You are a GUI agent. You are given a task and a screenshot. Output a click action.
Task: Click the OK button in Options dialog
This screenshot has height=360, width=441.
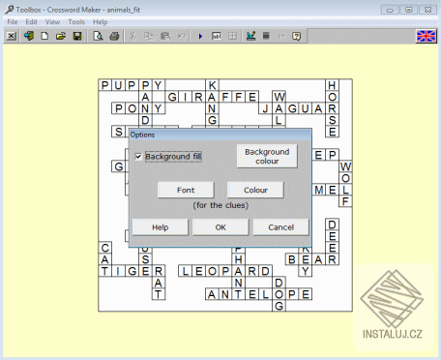(220, 226)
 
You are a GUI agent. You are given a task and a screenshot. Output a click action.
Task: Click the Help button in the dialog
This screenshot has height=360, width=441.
(160, 226)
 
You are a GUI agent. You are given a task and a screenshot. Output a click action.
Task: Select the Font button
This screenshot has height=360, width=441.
(185, 191)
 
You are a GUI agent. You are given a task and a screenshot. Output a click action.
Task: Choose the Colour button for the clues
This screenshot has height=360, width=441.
(255, 191)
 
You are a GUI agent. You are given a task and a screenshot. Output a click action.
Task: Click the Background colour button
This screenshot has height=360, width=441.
(267, 156)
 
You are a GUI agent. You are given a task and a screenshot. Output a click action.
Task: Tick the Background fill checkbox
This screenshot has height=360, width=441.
(139, 157)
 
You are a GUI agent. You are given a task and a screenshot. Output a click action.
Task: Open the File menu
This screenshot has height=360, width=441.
(13, 21)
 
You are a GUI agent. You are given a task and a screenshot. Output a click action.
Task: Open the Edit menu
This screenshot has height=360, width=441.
(32, 21)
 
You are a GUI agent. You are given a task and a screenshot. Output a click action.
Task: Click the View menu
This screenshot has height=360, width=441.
(52, 21)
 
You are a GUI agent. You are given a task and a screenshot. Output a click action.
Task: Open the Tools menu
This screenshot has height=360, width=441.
(76, 21)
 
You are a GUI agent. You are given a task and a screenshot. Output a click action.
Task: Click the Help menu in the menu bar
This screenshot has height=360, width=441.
(101, 21)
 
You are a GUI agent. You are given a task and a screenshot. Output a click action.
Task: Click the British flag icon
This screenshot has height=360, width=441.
(426, 37)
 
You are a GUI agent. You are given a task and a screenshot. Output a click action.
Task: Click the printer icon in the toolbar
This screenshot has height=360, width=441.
(114, 37)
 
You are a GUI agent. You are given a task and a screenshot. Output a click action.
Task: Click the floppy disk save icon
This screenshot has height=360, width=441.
(77, 37)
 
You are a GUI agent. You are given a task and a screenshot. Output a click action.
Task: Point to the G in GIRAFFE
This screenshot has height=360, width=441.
(172, 98)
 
